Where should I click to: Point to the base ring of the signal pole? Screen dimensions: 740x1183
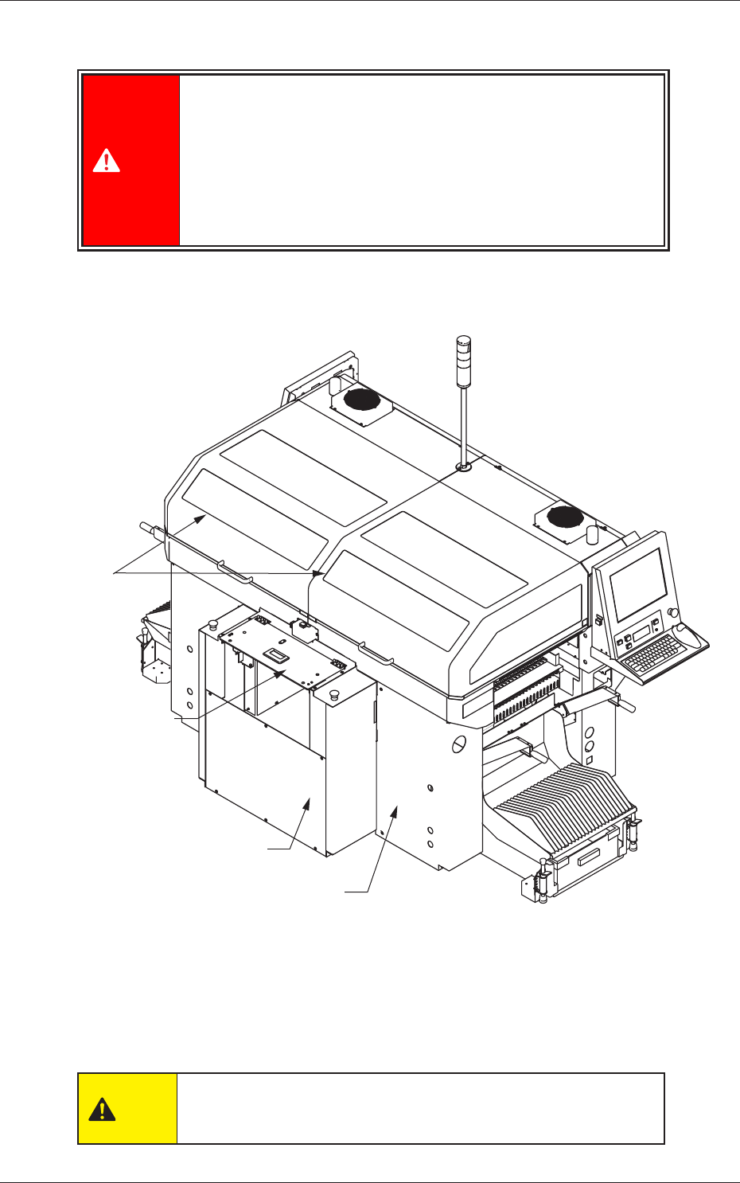462,468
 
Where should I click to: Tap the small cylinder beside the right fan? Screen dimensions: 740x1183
591,533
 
